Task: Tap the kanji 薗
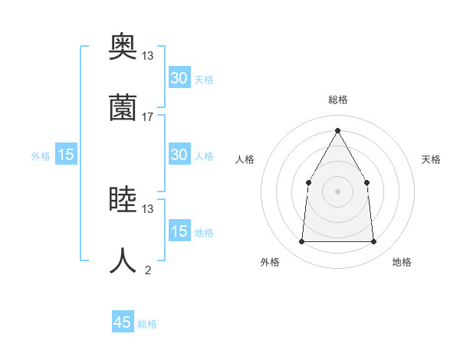(x=123, y=107)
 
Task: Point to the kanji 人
(x=123, y=261)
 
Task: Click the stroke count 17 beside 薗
(x=148, y=116)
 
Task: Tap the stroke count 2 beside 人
(x=148, y=270)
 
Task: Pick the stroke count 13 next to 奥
(x=148, y=55)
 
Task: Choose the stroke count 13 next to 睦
(x=148, y=208)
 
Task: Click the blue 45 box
(x=123, y=322)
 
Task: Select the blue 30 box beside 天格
(x=179, y=78)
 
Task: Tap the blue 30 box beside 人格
(x=179, y=155)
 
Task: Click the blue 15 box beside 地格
(x=179, y=231)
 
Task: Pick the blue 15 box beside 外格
(x=65, y=155)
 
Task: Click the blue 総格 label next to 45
(x=148, y=324)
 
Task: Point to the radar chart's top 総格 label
(x=338, y=100)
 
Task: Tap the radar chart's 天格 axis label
(x=432, y=159)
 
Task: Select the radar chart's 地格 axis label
(x=402, y=262)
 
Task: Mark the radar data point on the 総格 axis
(x=337, y=131)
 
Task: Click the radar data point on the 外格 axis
(x=301, y=241)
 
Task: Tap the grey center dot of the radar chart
(x=337, y=191)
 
